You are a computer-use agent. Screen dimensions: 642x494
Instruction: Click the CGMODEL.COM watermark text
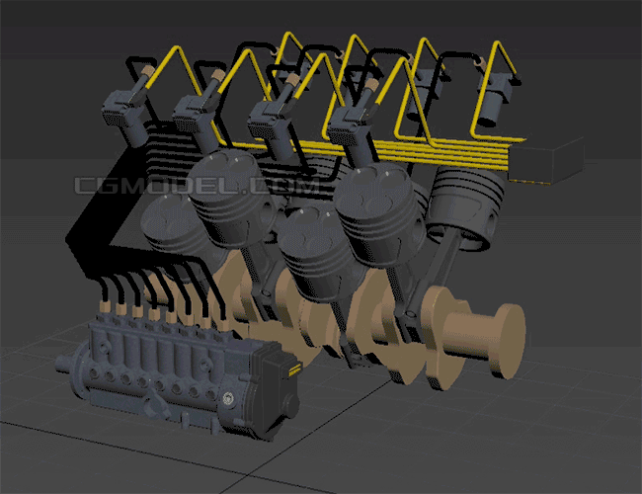pyautogui.click(x=197, y=186)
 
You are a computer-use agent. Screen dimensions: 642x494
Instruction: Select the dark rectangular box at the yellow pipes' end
pyautogui.click(x=546, y=161)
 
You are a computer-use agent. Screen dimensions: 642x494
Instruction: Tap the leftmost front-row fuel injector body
pyautogui.click(x=124, y=119)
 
